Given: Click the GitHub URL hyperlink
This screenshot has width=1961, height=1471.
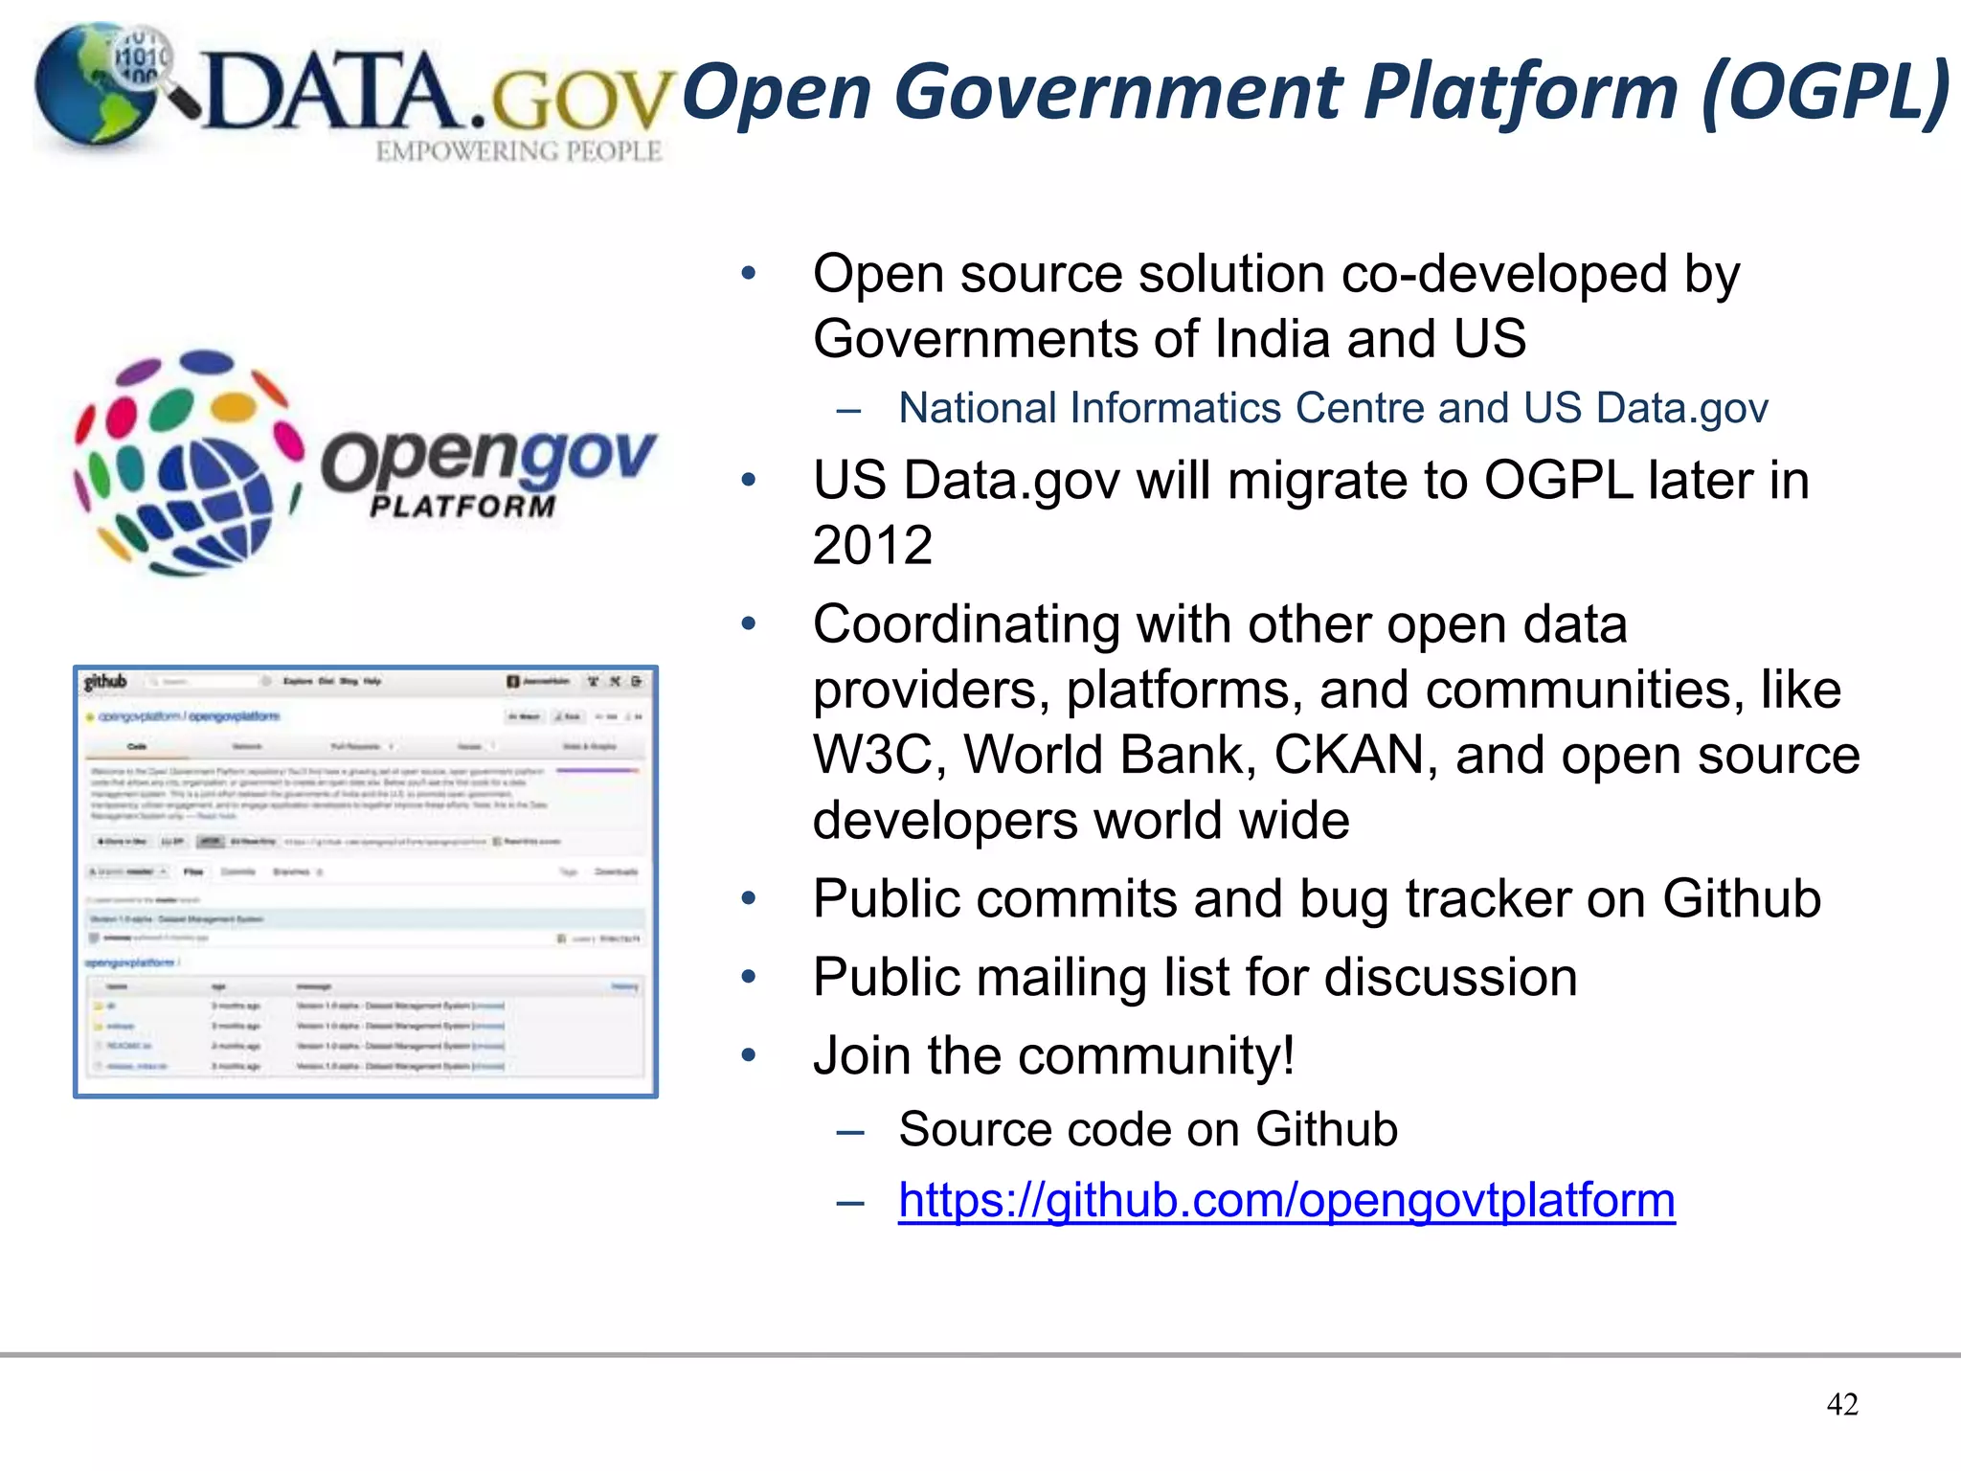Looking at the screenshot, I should tap(1286, 1200).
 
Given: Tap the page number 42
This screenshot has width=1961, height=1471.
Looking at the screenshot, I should tap(1842, 1404).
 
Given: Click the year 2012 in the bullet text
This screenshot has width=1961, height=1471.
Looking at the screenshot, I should tap(872, 546).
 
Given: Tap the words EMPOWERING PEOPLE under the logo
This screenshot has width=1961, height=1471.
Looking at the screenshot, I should tap(518, 151).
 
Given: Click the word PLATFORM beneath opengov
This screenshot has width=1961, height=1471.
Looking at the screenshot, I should tap(462, 507).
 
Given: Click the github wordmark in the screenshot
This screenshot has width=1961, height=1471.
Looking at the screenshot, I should tap(105, 682).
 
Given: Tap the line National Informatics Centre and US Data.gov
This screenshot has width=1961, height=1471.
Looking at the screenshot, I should tap(1333, 408).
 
